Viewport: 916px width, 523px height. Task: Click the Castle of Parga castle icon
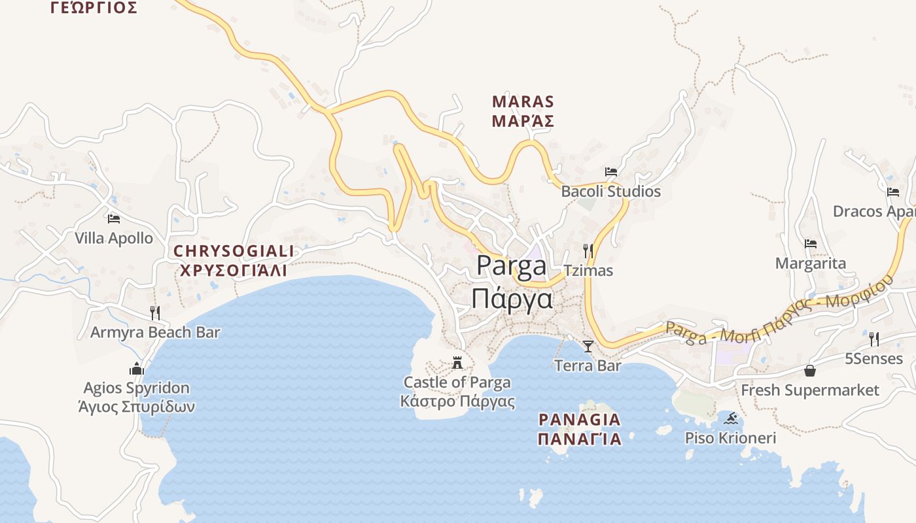[457, 362]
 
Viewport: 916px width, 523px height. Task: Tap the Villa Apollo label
[114, 238]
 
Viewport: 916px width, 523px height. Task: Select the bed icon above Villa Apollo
[114, 219]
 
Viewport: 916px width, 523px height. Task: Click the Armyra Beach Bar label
[155, 332]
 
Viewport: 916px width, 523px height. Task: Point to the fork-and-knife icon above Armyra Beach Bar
[155, 312]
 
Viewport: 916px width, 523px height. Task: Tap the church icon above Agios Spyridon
[137, 369]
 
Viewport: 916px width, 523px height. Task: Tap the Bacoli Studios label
[611, 192]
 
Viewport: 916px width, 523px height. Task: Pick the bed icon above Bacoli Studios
[611, 172]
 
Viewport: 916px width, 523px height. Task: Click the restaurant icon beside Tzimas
[588, 251]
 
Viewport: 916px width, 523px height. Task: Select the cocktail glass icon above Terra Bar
[588, 346]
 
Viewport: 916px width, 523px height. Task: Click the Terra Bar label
[588, 365]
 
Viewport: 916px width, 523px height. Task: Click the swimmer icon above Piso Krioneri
[731, 418]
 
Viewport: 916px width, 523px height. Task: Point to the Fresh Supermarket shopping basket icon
[810, 371]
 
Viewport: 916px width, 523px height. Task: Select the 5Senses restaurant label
[873, 358]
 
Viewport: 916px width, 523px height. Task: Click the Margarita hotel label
[811, 263]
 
